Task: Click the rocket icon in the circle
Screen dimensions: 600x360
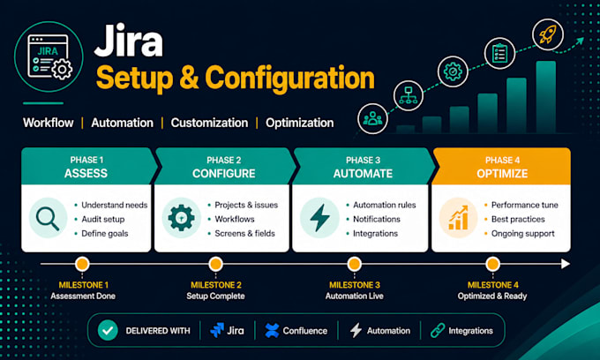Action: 548,34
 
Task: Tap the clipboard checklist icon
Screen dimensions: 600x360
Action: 499,53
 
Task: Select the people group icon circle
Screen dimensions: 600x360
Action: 372,118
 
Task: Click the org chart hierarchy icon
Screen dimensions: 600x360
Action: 409,95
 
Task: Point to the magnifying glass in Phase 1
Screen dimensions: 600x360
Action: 48,219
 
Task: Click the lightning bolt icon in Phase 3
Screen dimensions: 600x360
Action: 320,217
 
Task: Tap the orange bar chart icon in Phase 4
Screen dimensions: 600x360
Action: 459,218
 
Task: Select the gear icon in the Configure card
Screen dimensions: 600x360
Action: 182,218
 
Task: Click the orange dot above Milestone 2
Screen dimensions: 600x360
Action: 216,264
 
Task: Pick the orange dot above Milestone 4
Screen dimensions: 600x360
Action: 492,264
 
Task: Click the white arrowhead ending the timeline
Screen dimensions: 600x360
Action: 566,264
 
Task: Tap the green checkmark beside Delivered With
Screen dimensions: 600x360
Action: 108,331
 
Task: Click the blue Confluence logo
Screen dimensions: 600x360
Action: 272,331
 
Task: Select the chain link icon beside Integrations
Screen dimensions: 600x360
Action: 438,331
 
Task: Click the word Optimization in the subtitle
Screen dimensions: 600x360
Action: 300,123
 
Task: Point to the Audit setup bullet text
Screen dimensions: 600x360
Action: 103,219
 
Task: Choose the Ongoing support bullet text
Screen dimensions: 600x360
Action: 522,233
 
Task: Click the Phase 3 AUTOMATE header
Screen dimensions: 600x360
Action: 364,167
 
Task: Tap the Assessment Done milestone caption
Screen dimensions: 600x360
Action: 83,296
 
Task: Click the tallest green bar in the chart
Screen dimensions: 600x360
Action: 546,97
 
